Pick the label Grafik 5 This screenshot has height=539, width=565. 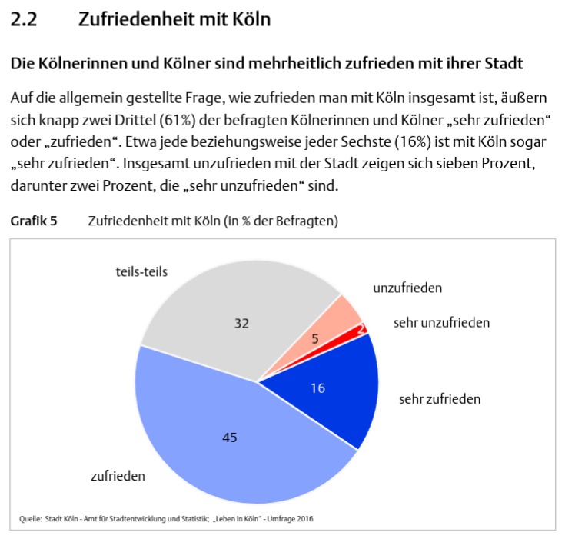coord(33,221)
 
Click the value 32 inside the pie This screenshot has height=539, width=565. coord(241,324)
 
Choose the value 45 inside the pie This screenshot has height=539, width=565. coord(229,438)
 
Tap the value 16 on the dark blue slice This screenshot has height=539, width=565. coord(317,388)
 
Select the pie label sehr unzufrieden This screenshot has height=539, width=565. coord(441,323)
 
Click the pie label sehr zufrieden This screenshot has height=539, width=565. coord(440,399)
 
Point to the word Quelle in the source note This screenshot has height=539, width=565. coord(30,519)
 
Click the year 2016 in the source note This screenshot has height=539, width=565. coord(304,519)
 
